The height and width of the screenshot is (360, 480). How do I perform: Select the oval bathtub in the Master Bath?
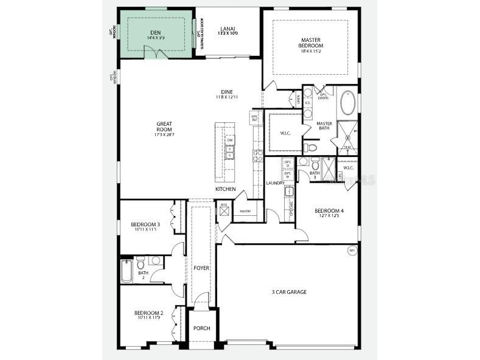pos(348,103)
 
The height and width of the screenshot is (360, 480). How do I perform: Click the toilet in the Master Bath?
pos(311,147)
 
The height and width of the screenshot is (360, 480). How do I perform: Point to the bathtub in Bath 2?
pos(127,271)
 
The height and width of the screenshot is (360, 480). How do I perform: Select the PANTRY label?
pos(246,212)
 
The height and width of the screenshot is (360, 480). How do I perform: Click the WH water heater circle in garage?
pos(351,251)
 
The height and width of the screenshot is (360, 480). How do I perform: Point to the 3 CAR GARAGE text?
pos(288,292)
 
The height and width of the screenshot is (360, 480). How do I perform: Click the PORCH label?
pos(201,328)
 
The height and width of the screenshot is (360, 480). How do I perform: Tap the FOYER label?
pos(201,268)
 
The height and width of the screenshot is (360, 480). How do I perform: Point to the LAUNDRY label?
pos(275,183)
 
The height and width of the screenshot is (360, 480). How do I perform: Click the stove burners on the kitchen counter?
pos(257,154)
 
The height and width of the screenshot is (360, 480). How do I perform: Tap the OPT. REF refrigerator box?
pos(255,117)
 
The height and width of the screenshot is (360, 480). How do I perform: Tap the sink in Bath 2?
pos(155,260)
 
